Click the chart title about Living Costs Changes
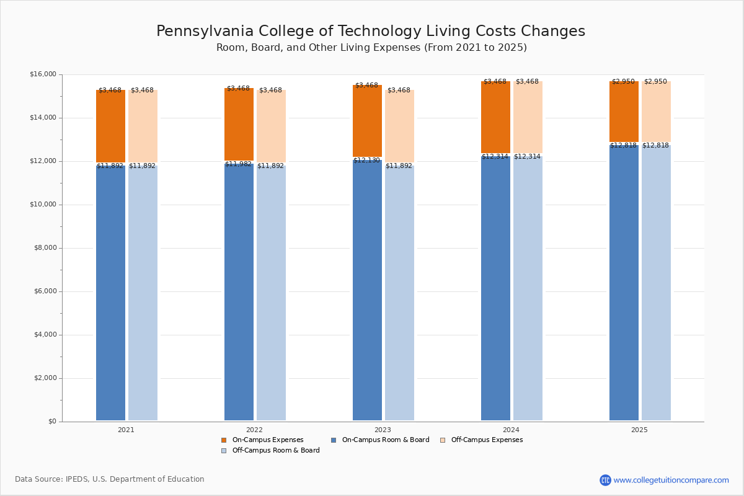(x=371, y=31)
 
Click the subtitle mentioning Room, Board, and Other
(x=371, y=48)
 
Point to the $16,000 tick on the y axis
(x=43, y=74)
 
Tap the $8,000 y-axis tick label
(x=45, y=248)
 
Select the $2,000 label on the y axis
(x=45, y=378)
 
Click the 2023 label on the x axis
(x=383, y=430)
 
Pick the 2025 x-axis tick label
(x=639, y=430)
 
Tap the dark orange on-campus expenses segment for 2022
(x=239, y=125)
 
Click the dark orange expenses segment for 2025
(x=624, y=112)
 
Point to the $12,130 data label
(x=366, y=160)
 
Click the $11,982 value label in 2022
(x=238, y=164)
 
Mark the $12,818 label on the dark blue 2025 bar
(x=623, y=146)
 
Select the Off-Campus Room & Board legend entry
(x=275, y=451)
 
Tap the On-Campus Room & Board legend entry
(x=385, y=440)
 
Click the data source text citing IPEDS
(x=110, y=479)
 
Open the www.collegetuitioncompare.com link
(x=671, y=480)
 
